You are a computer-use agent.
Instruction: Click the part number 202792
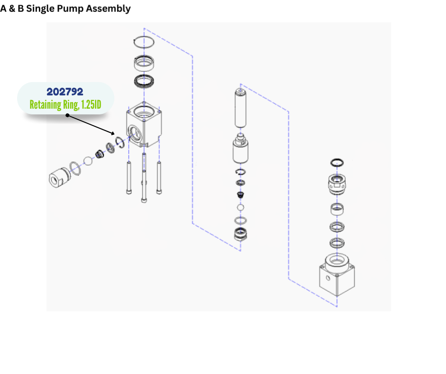click(x=65, y=92)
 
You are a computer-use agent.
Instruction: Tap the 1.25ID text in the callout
click(x=90, y=104)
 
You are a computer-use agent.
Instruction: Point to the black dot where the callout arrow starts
click(x=67, y=115)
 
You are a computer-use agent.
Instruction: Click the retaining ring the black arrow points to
click(x=120, y=143)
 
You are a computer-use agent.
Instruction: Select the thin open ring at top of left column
click(x=144, y=41)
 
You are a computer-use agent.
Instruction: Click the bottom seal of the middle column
click(x=241, y=234)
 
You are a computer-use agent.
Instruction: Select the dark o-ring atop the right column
click(x=337, y=163)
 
